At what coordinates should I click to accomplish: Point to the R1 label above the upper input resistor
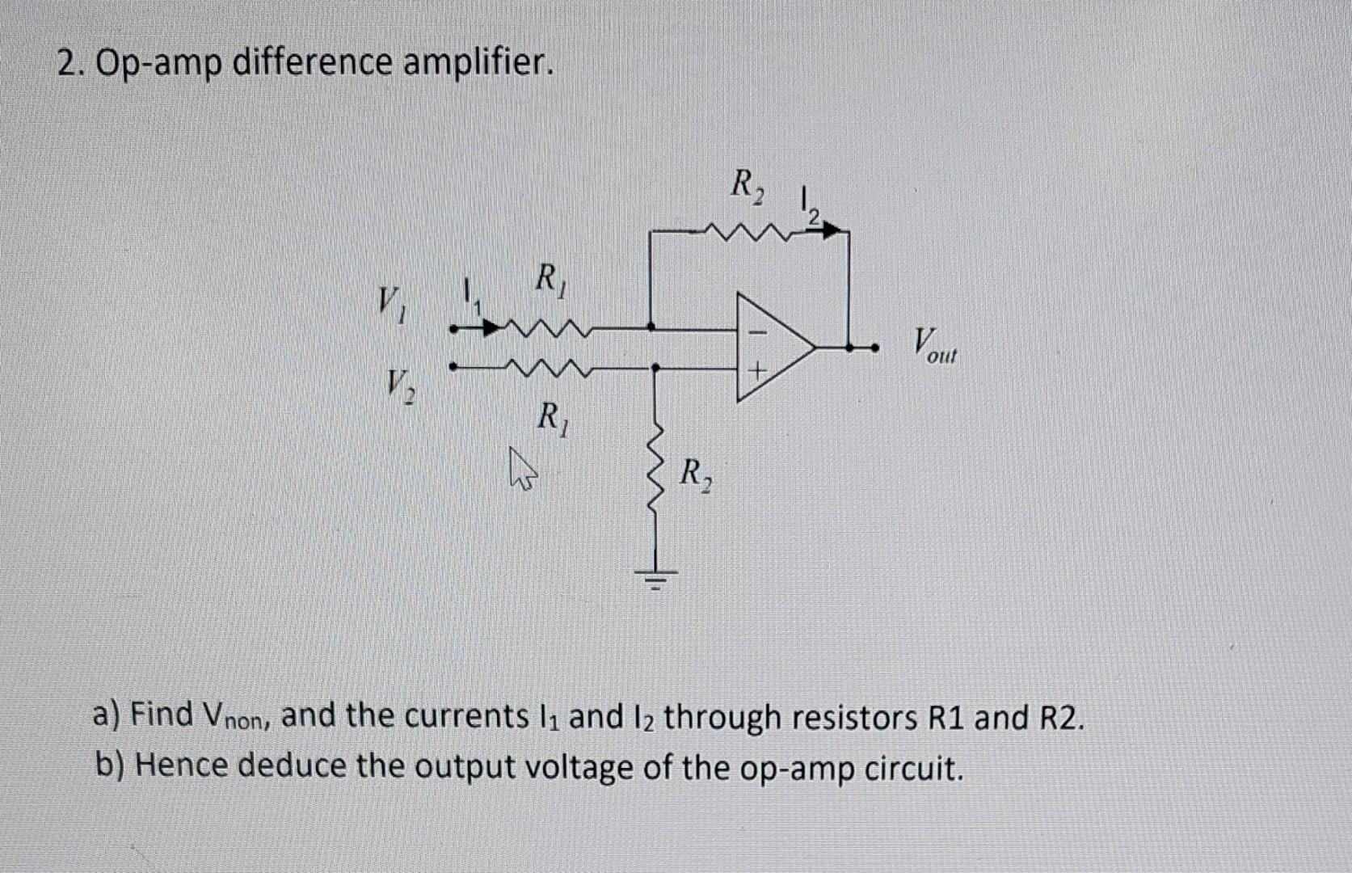(553, 280)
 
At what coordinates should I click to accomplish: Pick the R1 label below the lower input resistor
(554, 419)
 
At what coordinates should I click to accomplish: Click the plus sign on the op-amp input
(757, 372)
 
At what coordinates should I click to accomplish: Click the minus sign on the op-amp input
(758, 331)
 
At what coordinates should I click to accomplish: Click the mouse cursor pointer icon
(522, 470)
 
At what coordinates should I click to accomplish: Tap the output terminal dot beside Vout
(874, 348)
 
